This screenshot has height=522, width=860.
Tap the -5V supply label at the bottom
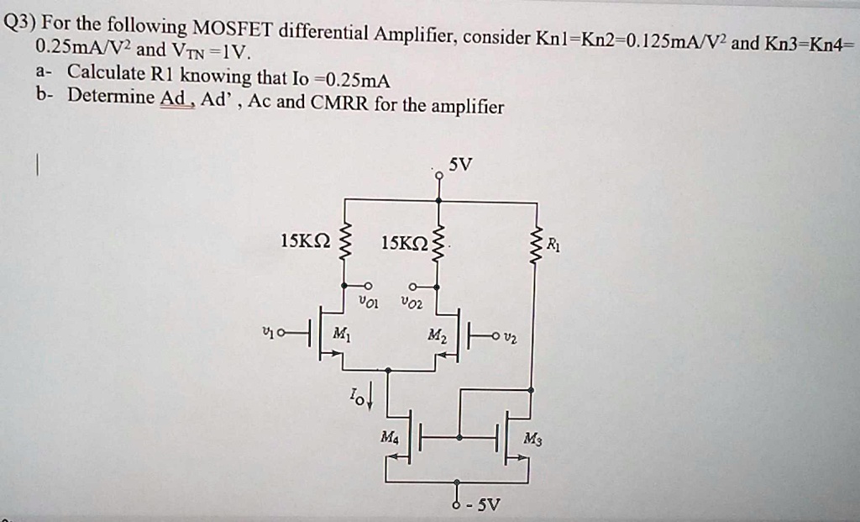(x=486, y=505)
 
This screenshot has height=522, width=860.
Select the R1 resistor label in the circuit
(x=551, y=245)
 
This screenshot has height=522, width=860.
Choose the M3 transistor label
(x=532, y=438)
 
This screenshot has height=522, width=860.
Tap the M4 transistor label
(x=389, y=438)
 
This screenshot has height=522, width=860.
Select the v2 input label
(x=514, y=337)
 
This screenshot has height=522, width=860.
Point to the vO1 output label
(x=368, y=301)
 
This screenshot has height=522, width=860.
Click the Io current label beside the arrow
(x=357, y=395)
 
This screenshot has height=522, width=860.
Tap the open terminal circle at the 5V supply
(x=438, y=175)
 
